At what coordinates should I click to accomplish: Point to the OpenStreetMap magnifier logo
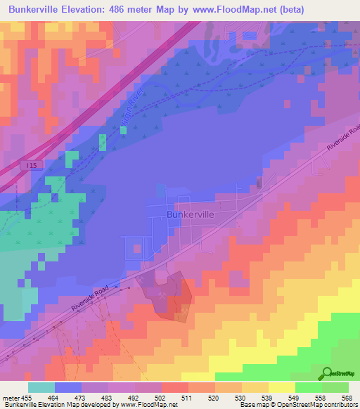tap(327, 372)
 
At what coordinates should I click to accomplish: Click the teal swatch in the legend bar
tap(41, 387)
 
